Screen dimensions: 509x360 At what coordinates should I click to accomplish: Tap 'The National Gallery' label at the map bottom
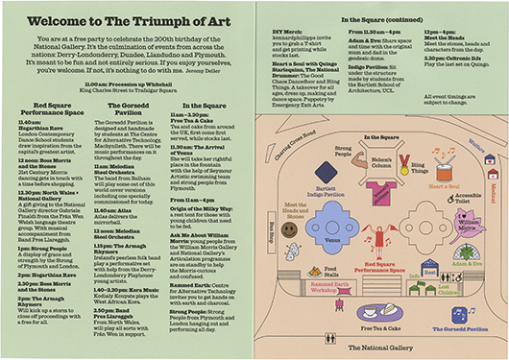(380, 345)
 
